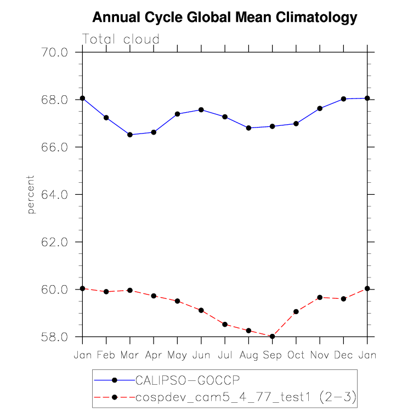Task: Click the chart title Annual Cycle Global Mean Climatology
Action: [x=224, y=18]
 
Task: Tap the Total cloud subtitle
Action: [x=121, y=39]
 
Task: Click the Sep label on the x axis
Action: [x=272, y=355]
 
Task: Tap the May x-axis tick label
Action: [x=177, y=355]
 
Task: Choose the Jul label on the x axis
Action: [x=225, y=355]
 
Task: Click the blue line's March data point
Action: [x=130, y=135]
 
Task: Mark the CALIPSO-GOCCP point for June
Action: [x=201, y=110]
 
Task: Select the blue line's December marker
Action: [x=344, y=99]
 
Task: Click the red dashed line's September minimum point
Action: [x=272, y=337]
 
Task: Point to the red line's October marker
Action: [x=296, y=311]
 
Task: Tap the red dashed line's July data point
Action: [x=225, y=325]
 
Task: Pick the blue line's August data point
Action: [x=248, y=128]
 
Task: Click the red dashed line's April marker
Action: [x=154, y=296]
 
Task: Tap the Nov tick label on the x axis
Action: [x=320, y=355]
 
